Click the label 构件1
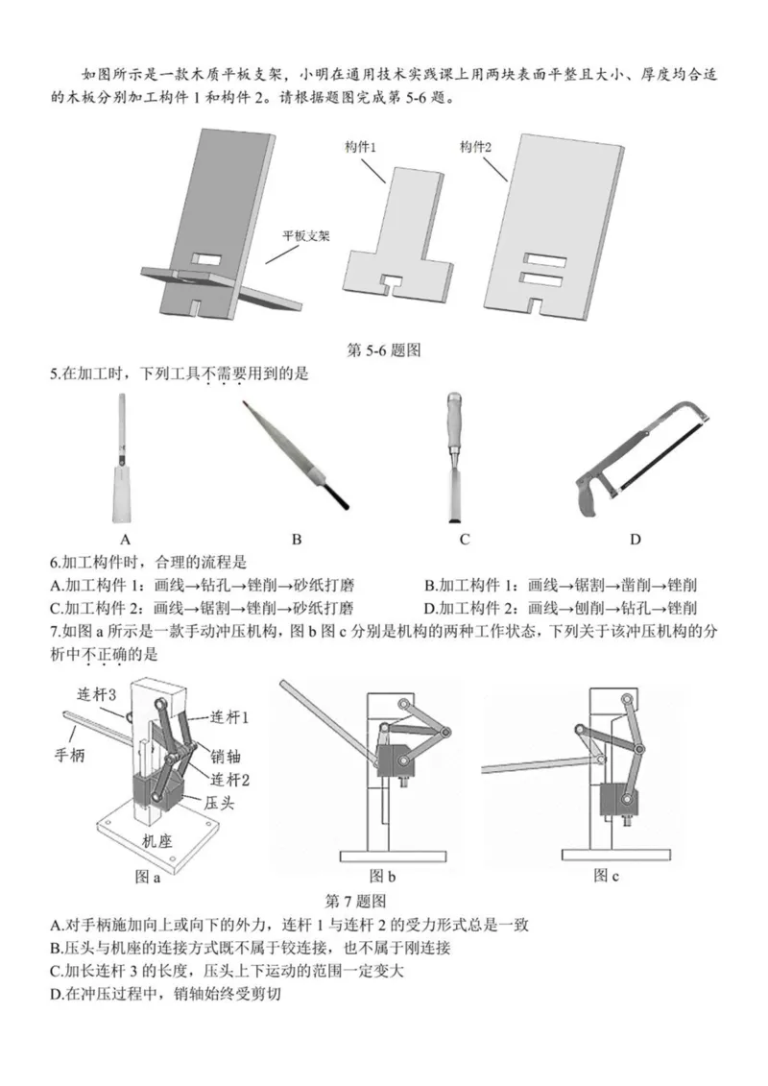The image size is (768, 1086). click(360, 147)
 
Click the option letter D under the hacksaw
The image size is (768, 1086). click(635, 539)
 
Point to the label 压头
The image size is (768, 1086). click(216, 799)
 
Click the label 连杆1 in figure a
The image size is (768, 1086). click(231, 717)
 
